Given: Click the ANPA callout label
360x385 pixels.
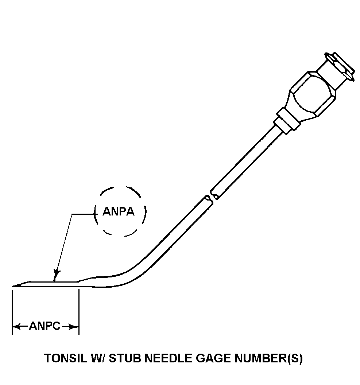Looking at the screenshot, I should click(x=119, y=211).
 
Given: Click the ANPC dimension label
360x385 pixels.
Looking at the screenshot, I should click(x=44, y=326).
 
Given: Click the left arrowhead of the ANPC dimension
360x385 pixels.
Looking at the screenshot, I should click(x=15, y=326).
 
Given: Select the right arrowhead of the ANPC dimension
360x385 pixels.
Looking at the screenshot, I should click(x=76, y=326).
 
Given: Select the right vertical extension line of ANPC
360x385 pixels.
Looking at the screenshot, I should click(x=79, y=310).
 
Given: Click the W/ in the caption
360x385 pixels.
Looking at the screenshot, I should click(x=95, y=358).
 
